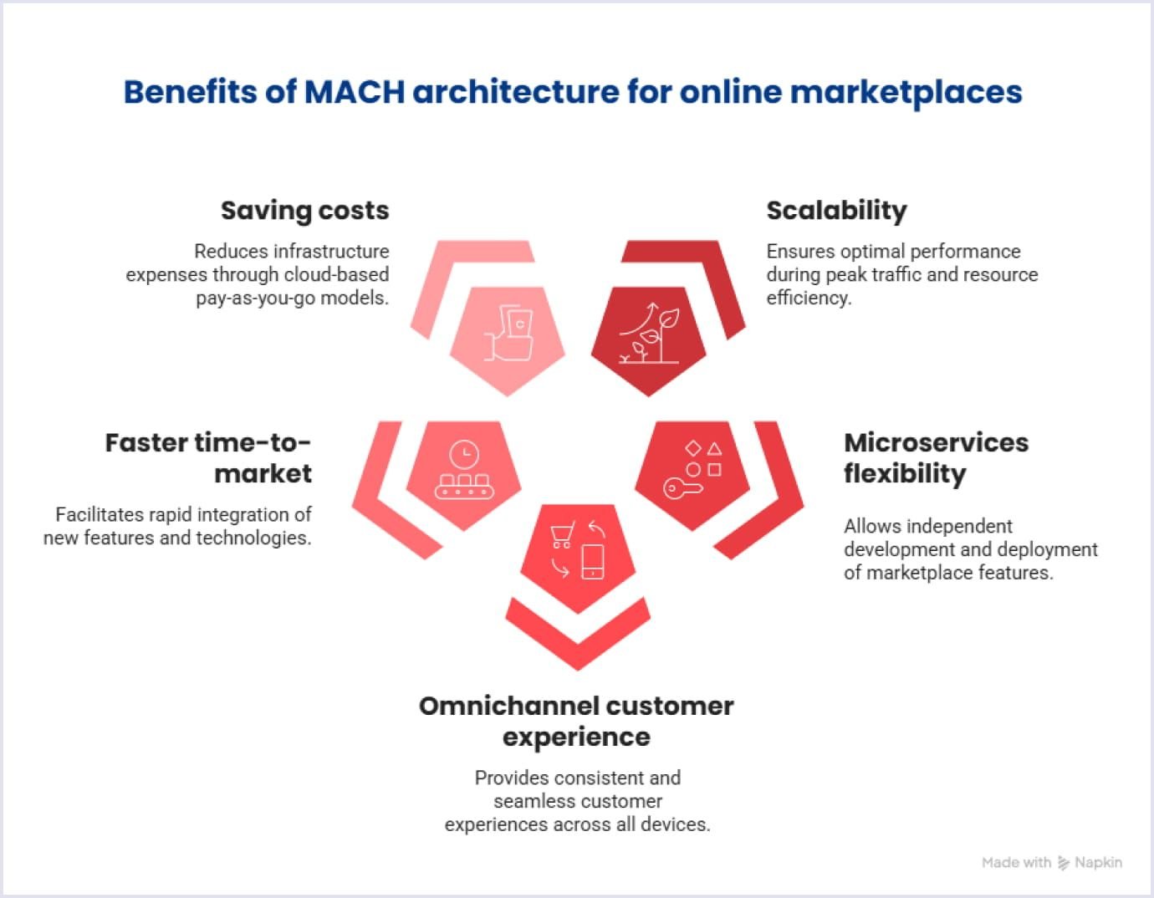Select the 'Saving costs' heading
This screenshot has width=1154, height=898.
coord(304,211)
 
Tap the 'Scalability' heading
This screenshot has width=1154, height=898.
coord(836,211)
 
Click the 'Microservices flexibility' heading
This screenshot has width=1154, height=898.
coord(936,457)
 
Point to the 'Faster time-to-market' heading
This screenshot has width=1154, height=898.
coord(208,457)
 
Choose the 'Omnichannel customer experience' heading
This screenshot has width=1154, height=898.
coord(576,721)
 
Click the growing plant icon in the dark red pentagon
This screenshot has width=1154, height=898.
coord(651,334)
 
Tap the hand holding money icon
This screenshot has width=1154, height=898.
coord(510,334)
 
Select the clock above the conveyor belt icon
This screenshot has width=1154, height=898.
coord(463,455)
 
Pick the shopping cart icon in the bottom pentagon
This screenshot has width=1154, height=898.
coord(562,534)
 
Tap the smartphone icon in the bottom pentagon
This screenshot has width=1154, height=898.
coord(592,561)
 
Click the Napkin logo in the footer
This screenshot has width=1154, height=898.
coord(1064,863)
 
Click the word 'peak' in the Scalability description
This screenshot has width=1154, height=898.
coord(845,275)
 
